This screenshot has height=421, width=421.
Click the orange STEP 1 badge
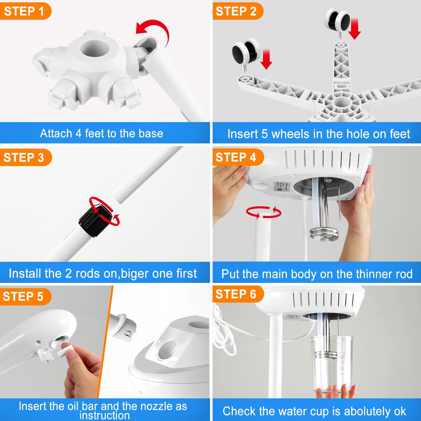pos(24,11)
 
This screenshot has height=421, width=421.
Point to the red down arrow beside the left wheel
pos(266,59)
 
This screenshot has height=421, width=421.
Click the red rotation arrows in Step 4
pos(263,212)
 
